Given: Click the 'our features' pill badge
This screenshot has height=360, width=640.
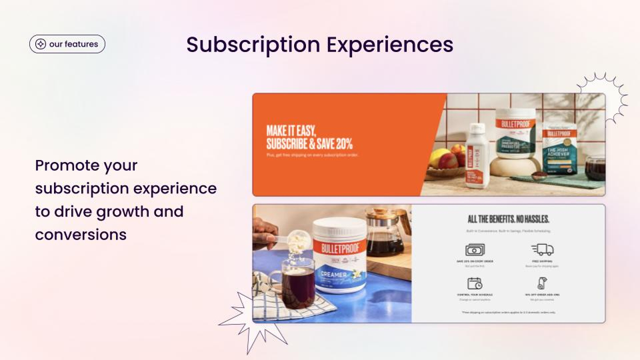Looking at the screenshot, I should click(x=67, y=44).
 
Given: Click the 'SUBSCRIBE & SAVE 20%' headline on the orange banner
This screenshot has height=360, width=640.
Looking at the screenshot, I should click(x=309, y=143).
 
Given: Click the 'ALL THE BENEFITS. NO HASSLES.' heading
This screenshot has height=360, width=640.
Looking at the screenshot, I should click(x=508, y=219).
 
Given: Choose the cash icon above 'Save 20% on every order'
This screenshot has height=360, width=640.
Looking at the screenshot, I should click(x=474, y=250).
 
